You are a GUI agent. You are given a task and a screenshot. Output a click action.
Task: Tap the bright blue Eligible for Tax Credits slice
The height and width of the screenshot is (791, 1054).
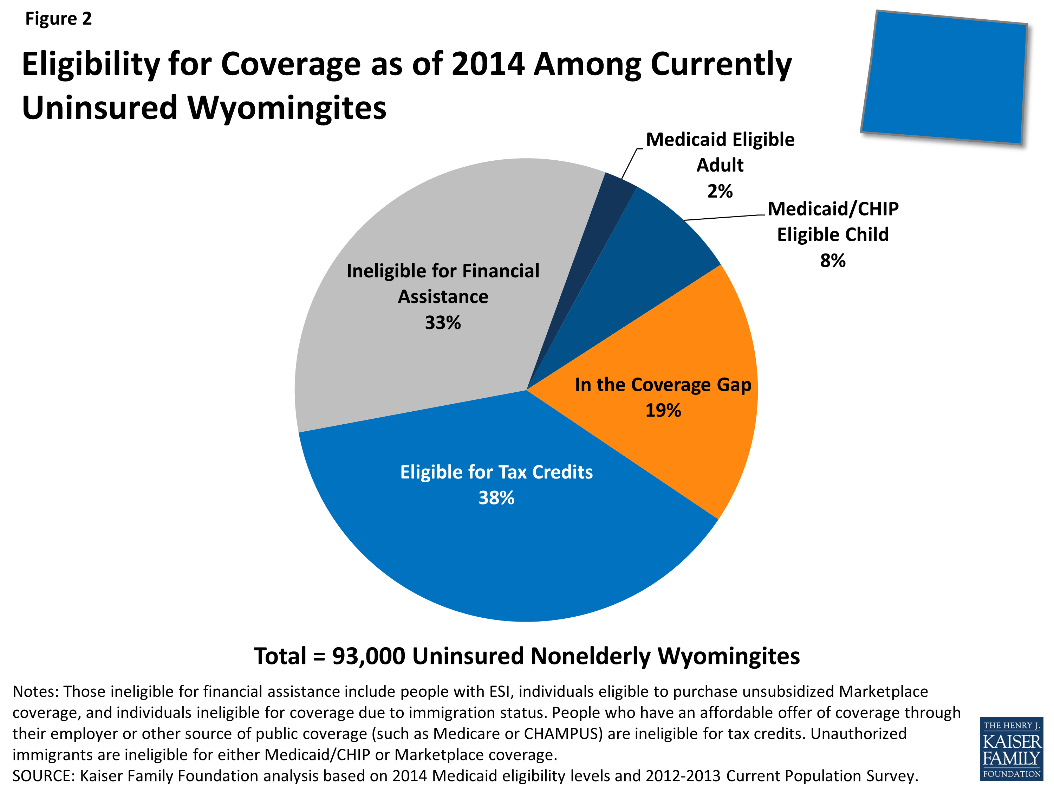500,539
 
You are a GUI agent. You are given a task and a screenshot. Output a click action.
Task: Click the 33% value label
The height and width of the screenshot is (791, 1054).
443,323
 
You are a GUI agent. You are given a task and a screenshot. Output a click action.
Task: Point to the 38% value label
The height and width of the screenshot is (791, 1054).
496,498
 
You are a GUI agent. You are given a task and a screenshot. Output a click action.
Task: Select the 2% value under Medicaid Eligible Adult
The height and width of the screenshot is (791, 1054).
720,191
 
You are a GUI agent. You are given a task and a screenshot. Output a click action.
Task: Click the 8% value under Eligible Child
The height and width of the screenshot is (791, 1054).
832,261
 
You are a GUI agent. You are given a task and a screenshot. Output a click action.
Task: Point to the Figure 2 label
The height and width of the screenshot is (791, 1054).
58,19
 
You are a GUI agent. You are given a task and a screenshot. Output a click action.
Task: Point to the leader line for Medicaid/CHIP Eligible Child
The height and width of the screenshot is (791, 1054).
724,217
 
